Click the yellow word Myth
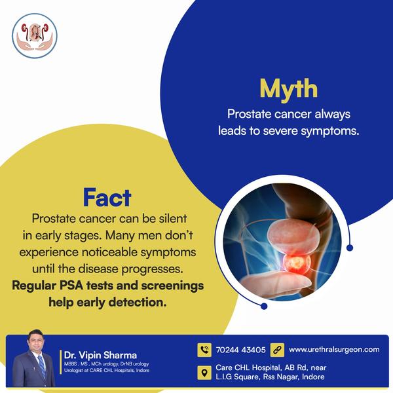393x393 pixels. click(x=288, y=89)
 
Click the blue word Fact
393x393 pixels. click(x=107, y=198)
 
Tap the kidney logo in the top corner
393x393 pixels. click(x=35, y=36)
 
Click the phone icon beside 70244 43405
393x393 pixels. click(x=204, y=350)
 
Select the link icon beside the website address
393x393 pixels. click(x=277, y=350)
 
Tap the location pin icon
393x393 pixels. click(x=204, y=373)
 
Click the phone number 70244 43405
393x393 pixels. click(x=240, y=350)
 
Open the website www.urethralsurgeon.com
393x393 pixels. click(x=334, y=349)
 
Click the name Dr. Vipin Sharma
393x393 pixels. click(x=100, y=355)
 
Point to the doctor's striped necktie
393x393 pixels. click(x=42, y=366)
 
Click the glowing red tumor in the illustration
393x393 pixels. click(x=297, y=263)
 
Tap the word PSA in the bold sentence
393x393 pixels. click(x=71, y=286)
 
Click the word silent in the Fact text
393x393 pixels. click(x=173, y=219)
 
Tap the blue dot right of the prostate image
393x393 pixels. click(x=350, y=248)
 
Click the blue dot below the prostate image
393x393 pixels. click(x=264, y=306)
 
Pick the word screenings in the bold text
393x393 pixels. click(x=172, y=286)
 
